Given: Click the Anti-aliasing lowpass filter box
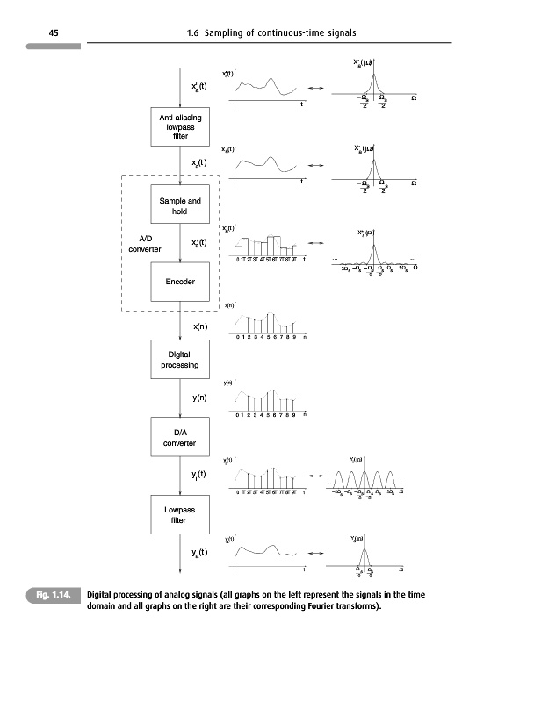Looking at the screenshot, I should (x=179, y=126).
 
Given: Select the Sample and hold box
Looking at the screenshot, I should (x=180, y=206).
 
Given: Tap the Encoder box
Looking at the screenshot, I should (x=180, y=281).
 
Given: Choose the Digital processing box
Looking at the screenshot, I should (x=179, y=360).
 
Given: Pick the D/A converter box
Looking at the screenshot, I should (x=179, y=436).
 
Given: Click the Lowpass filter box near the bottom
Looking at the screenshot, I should (x=179, y=514).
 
